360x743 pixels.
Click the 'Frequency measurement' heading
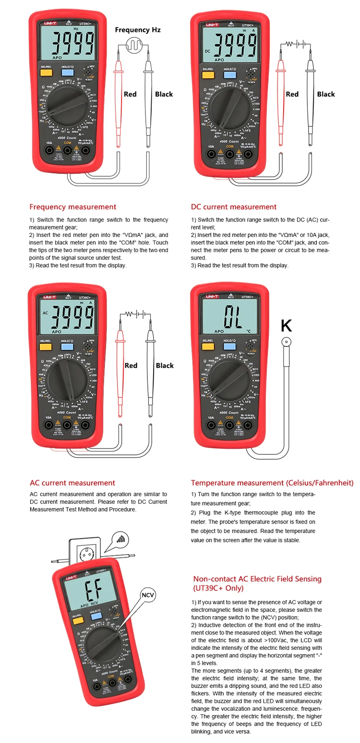pyautogui.click(x=72, y=207)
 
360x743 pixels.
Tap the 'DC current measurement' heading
pyautogui.click(x=234, y=207)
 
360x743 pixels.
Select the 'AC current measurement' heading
pyautogui.click(x=72, y=483)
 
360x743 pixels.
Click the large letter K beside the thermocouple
pyautogui.click(x=286, y=326)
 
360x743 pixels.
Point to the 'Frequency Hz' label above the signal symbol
pyautogui.click(x=138, y=30)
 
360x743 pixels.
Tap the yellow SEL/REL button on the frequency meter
pyautogui.click(x=46, y=73)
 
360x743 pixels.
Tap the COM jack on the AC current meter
pyautogui.click(x=67, y=425)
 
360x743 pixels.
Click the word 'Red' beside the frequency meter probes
pyautogui.click(x=130, y=94)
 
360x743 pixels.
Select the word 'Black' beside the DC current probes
pyautogui.click(x=326, y=94)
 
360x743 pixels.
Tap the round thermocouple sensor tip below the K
pyautogui.click(x=287, y=342)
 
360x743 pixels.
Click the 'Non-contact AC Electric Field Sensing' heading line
pyautogui.click(x=257, y=579)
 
